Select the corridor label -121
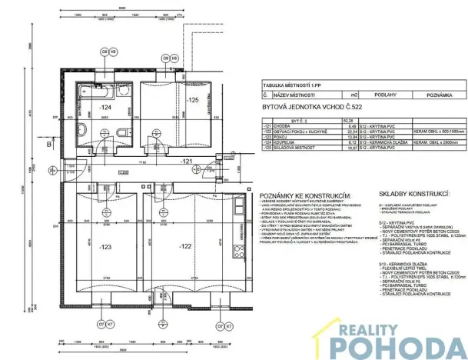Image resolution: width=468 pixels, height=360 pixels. [186, 161]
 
